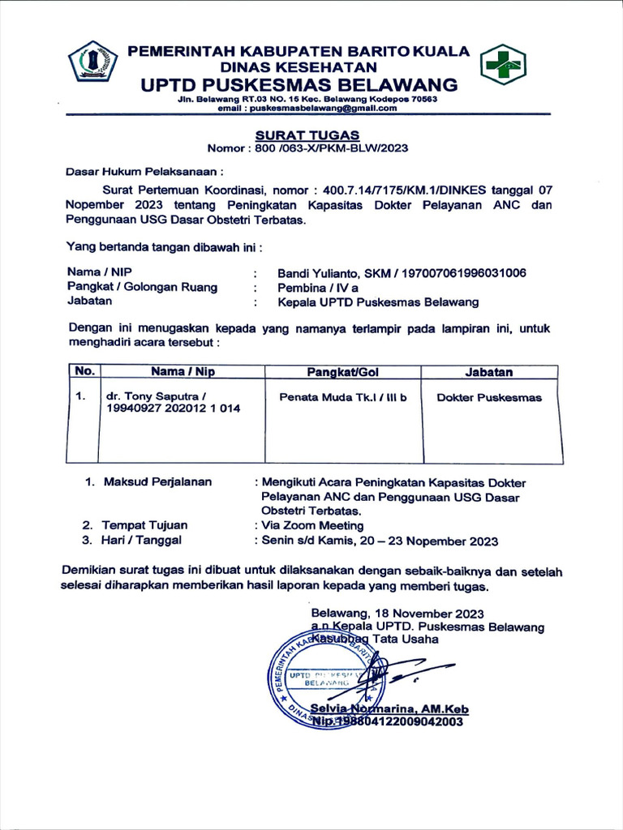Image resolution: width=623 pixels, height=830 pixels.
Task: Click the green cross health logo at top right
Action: tap(503, 64)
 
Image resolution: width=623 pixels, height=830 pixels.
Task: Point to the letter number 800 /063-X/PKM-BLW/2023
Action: tap(324, 148)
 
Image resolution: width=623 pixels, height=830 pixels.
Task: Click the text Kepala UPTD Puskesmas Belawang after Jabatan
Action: tap(378, 302)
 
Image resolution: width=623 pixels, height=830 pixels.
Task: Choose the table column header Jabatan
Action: tap(488, 372)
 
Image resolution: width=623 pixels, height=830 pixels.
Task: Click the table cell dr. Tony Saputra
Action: tap(156, 397)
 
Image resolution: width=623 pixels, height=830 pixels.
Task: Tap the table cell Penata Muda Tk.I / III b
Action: tap(342, 397)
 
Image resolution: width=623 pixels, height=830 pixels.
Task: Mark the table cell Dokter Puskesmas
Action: tap(488, 397)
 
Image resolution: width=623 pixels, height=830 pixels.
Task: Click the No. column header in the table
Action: tap(84, 372)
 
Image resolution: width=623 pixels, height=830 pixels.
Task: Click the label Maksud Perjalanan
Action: tap(157, 481)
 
